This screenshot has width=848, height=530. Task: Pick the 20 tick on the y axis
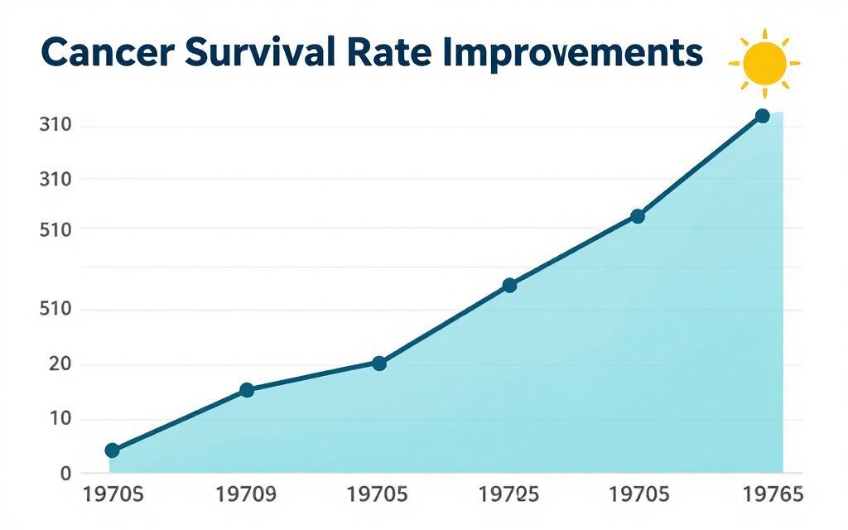coord(55,365)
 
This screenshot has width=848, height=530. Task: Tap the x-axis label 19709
coord(245,495)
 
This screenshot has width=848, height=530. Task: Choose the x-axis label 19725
coord(509,495)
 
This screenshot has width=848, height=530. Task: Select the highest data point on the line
coord(763,116)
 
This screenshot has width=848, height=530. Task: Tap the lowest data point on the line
coord(112,450)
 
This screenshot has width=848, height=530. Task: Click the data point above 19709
coord(246,390)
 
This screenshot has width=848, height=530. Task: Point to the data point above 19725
coord(509,285)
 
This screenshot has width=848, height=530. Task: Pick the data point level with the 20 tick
coord(379,363)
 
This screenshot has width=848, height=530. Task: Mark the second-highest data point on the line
coord(637,216)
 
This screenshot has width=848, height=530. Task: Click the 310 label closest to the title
coord(55,127)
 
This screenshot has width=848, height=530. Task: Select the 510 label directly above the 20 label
coord(55,311)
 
